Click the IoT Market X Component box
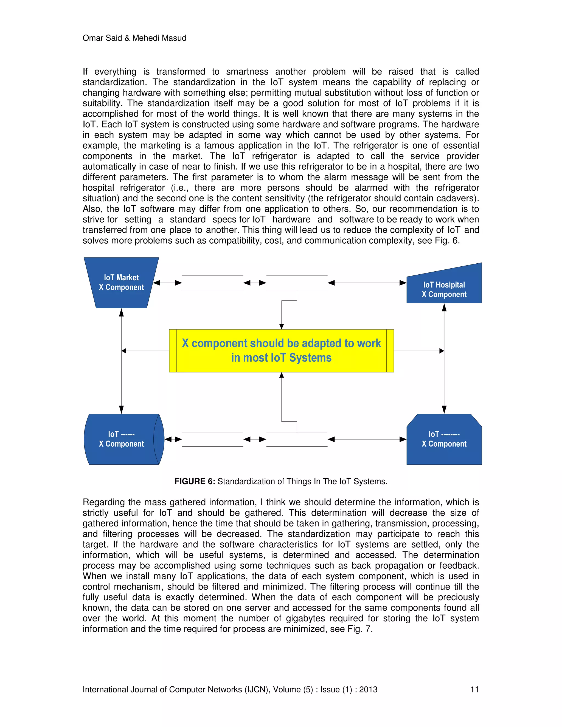tap(121, 282)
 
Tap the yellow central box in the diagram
tap(281, 351)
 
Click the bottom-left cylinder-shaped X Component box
tap(121, 439)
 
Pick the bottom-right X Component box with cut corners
tap(444, 439)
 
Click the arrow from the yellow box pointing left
tap(145, 351)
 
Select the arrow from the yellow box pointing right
tap(419, 351)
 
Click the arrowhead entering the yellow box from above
tap(282, 326)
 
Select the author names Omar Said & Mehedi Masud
tap(134, 38)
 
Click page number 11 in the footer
tap(474, 689)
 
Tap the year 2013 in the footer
tap(368, 689)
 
